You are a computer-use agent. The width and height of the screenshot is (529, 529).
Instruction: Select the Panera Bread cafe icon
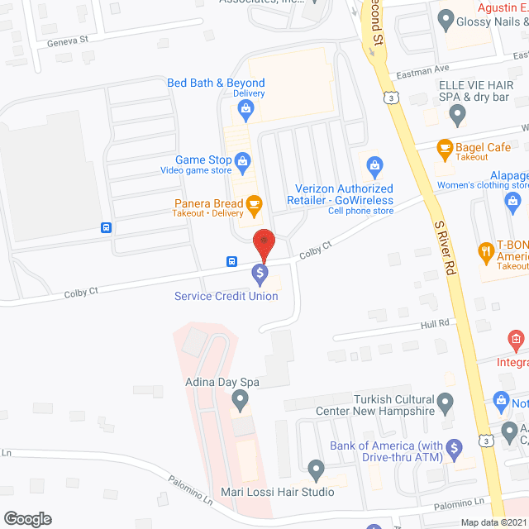pyautogui.click(x=254, y=203)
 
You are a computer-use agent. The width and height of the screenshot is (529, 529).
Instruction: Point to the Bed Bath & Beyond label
pyautogui.click(x=216, y=83)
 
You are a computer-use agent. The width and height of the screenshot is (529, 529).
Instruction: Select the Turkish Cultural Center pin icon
pyautogui.click(x=446, y=403)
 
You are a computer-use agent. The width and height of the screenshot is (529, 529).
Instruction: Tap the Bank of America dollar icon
pyautogui.click(x=453, y=450)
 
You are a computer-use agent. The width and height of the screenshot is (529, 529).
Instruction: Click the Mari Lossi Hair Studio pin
pyautogui.click(x=316, y=470)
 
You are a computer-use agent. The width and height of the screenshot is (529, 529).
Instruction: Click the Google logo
pyautogui.click(x=26, y=519)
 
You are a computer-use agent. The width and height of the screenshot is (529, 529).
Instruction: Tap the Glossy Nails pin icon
pyautogui.click(x=446, y=18)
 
